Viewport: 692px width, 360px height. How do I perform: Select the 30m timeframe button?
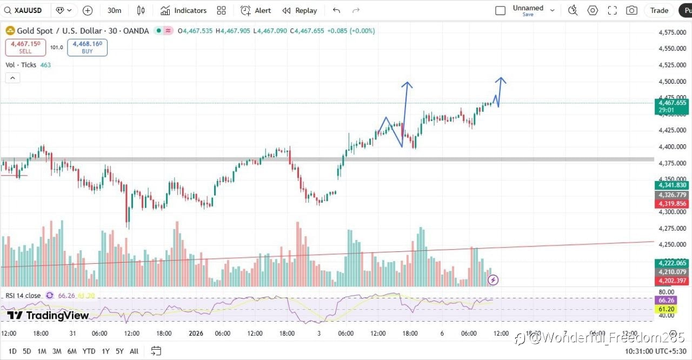click(114, 10)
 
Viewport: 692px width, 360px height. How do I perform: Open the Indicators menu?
click(184, 10)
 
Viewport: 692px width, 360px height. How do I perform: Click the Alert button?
click(256, 10)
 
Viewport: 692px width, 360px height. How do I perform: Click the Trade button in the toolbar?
click(659, 10)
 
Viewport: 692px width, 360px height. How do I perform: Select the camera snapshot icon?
click(631, 10)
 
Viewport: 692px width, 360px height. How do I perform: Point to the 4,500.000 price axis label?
click(672, 82)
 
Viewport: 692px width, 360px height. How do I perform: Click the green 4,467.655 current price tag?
click(672, 103)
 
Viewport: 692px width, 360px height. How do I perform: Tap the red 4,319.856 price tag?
click(672, 204)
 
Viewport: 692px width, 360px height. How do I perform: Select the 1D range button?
click(12, 351)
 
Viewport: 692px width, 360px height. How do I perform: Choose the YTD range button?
click(89, 351)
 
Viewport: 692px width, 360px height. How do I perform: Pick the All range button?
click(134, 351)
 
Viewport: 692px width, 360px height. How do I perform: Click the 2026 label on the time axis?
click(196, 334)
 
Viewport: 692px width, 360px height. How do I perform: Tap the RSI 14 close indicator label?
click(23, 295)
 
